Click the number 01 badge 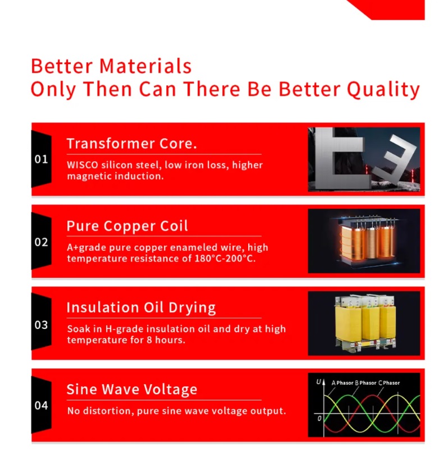tap(41, 159)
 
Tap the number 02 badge tap(41, 242)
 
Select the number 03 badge tap(41, 325)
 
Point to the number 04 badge tap(41, 405)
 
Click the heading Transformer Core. tap(132, 143)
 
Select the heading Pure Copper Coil tap(127, 226)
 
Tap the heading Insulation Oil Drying tap(141, 308)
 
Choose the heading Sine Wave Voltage tap(132, 389)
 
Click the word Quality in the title tap(383, 89)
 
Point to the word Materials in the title tap(145, 66)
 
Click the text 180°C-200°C tap(225, 258)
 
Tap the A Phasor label tap(342, 383)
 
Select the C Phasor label tap(389, 383)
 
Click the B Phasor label tap(365, 383)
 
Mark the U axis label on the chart tap(318, 382)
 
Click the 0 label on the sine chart tap(319, 418)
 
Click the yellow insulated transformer tap(365, 322)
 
